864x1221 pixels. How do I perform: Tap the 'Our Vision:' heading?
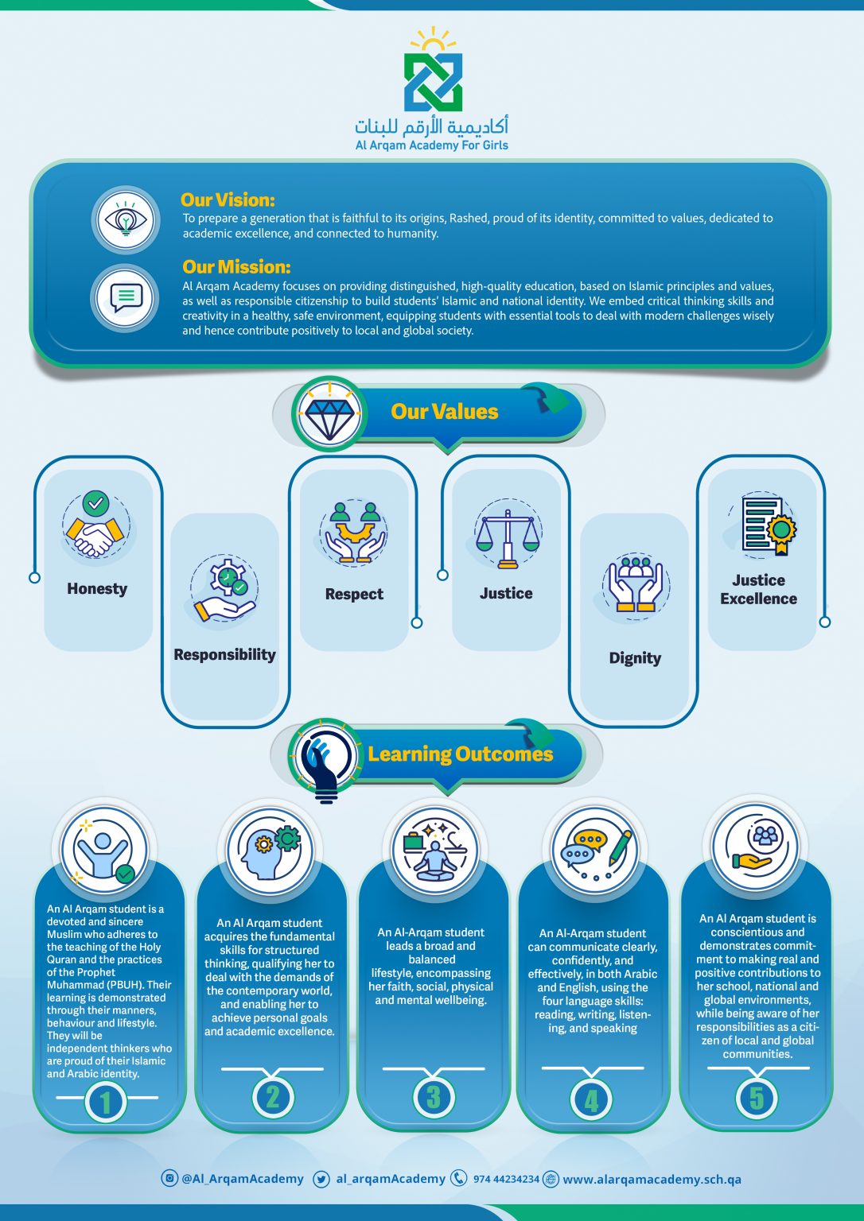[x=228, y=200]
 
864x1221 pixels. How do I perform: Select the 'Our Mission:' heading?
[x=236, y=266]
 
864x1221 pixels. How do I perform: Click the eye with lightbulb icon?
[x=126, y=219]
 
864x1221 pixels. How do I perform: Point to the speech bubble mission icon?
[x=126, y=297]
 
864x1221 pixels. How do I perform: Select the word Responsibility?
[x=224, y=654]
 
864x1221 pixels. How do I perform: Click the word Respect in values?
[x=354, y=594]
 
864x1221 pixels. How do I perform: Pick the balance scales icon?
[x=508, y=538]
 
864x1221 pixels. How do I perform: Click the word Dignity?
[x=635, y=658]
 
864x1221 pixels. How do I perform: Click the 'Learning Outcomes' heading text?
[x=461, y=754]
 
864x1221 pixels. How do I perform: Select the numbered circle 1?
[x=106, y=1102]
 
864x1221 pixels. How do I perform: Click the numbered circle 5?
[x=757, y=1099]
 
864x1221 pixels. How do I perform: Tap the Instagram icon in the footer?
[x=169, y=1178]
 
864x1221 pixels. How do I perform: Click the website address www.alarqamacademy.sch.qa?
[x=652, y=1179]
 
